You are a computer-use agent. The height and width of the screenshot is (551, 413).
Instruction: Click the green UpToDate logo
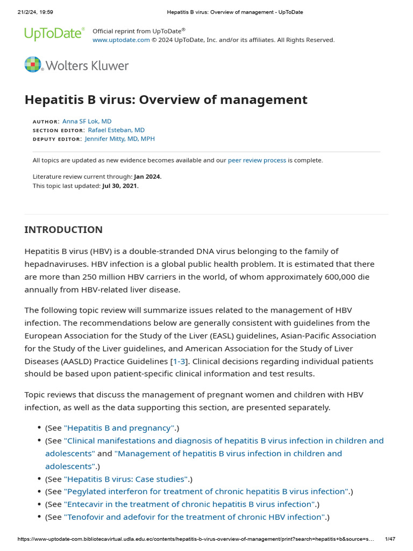click(54, 34)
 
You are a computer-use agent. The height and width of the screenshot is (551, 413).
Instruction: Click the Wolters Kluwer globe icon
click(33, 65)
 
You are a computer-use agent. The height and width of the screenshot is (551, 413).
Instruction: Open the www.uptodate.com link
click(121, 40)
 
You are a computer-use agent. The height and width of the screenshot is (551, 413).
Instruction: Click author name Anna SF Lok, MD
click(87, 122)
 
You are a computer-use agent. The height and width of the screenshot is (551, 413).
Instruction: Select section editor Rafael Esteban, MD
click(116, 130)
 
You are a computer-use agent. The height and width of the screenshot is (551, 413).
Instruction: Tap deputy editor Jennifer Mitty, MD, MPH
click(120, 139)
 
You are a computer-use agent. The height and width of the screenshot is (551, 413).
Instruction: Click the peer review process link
click(257, 160)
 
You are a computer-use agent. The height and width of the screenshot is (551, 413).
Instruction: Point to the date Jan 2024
click(147, 176)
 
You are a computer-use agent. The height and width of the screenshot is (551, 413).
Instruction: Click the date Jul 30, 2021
click(119, 186)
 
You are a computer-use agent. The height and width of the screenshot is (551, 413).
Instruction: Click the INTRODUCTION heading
click(63, 230)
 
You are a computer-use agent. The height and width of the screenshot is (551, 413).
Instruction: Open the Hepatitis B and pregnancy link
click(119, 428)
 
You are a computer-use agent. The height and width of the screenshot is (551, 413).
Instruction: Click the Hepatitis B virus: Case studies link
click(126, 479)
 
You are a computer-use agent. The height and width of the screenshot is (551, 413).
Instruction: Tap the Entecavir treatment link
click(190, 504)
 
